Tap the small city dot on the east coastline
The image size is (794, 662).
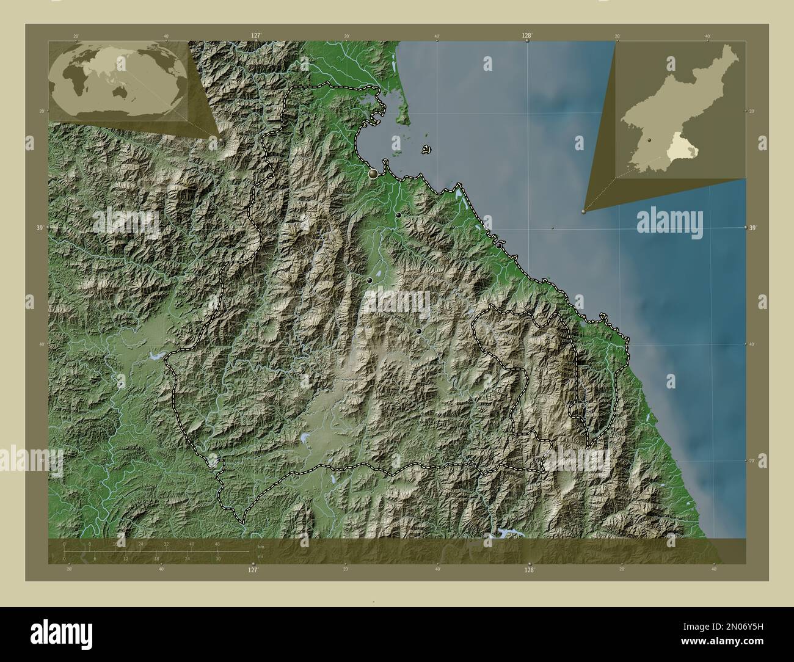(500, 246)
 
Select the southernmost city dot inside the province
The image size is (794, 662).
(418, 331)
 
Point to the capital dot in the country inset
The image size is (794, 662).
(650, 140)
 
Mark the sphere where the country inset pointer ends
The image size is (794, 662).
(584, 212)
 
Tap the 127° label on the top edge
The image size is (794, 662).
(256, 36)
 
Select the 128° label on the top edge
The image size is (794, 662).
(526, 36)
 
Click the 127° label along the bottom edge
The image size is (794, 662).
(252, 569)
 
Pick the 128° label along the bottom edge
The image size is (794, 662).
(530, 569)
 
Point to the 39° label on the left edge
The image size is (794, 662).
(40, 228)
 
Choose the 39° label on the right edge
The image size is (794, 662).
(754, 227)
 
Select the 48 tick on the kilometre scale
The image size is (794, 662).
(217, 544)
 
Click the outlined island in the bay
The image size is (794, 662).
(426, 148)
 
